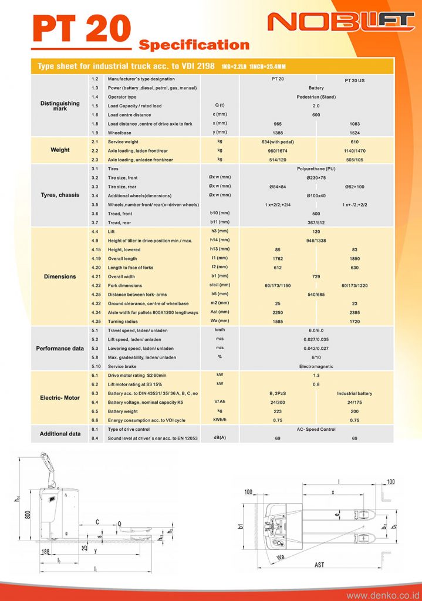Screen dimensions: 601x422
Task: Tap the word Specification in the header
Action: [194, 45]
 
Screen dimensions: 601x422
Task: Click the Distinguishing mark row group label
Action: [60, 106]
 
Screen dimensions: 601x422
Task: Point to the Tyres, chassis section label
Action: [60, 195]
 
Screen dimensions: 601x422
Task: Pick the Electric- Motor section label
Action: [60, 398]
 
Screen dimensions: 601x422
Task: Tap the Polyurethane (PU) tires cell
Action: [316, 168]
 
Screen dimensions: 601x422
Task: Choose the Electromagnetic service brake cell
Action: [316, 366]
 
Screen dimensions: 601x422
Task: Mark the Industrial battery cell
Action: [355, 393]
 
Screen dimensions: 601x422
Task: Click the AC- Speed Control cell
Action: [316, 430]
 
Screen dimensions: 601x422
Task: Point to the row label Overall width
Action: [121, 276]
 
